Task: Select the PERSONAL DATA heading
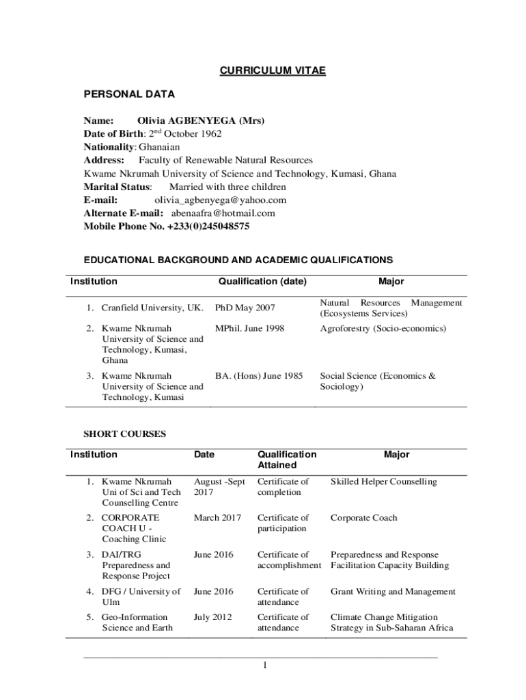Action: tap(129, 94)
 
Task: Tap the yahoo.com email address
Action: tap(220, 200)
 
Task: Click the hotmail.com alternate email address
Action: tap(218, 213)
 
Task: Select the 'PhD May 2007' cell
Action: tap(245, 308)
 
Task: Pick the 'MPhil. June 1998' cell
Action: tap(249, 329)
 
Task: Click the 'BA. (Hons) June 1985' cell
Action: tap(259, 376)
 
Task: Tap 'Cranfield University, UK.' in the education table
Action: tap(152, 308)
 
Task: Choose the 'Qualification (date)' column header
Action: tap(262, 282)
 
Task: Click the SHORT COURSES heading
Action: tap(124, 434)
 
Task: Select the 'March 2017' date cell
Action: tap(217, 518)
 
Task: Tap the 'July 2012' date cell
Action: tap(213, 617)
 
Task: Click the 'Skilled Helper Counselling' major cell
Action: tap(383, 482)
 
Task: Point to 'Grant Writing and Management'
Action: tap(393, 592)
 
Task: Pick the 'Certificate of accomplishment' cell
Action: tap(289, 561)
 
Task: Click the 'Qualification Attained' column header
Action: tap(287, 460)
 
